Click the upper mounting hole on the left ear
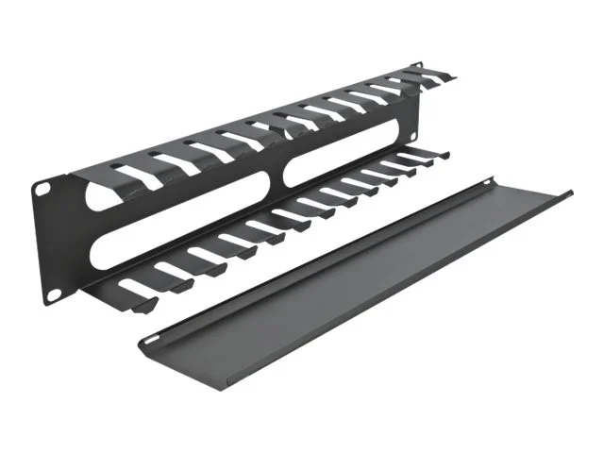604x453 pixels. coord(42,189)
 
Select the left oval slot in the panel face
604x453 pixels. coord(179,211)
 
